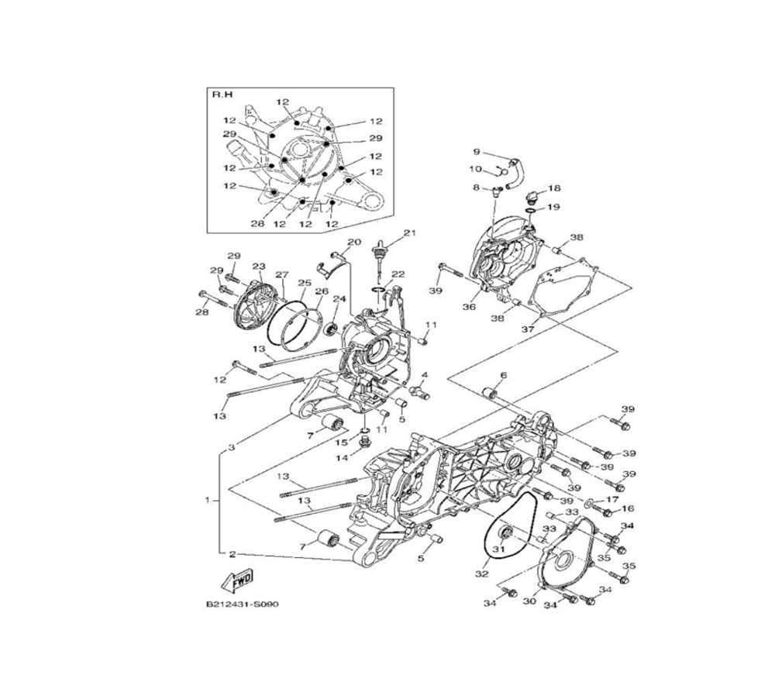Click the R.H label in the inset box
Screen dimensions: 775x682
[222, 95]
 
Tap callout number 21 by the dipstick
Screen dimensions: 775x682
[410, 232]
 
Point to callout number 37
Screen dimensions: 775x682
[529, 329]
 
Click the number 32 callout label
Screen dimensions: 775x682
[482, 573]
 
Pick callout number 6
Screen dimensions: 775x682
[503, 376]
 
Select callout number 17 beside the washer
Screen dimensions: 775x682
[612, 500]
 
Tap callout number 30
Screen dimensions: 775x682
[529, 601]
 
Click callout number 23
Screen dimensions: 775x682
[259, 267]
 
